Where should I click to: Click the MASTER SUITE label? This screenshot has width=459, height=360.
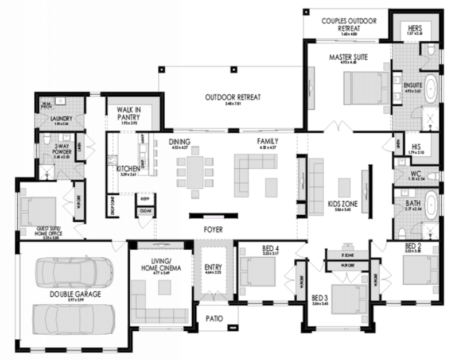point(348,57)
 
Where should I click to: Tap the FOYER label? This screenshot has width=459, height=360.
point(213,230)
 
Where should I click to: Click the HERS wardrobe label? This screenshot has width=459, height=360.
point(415,27)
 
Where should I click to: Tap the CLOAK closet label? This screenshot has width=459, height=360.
point(144,211)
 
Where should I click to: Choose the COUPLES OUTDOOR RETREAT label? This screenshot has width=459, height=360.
point(348,25)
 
